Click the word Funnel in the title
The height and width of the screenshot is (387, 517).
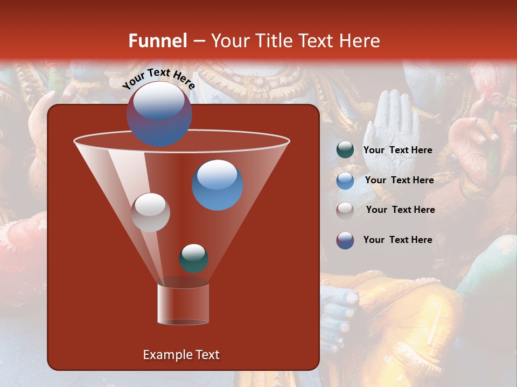tap(157, 41)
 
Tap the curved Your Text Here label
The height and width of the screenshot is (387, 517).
tap(158, 79)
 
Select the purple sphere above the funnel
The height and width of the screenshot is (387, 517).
tap(159, 114)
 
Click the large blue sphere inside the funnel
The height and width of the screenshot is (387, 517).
tap(217, 185)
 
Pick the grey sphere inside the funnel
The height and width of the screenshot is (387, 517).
tap(150, 212)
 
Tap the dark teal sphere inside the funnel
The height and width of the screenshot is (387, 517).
tap(193, 259)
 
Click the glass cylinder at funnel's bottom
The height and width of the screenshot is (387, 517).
tap(183, 304)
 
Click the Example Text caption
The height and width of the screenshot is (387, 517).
tap(181, 355)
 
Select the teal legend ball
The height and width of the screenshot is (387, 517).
tap(345, 150)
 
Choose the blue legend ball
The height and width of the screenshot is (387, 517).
tap(345, 181)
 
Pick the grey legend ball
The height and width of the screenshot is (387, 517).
tap(345, 210)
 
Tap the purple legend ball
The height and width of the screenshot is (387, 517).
tap(345, 240)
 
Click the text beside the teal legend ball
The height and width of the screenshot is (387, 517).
tap(397, 150)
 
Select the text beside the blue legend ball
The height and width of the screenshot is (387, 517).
tap(399, 181)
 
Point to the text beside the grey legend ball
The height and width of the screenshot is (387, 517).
tap(400, 210)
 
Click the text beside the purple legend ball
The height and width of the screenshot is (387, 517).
tap(397, 240)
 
